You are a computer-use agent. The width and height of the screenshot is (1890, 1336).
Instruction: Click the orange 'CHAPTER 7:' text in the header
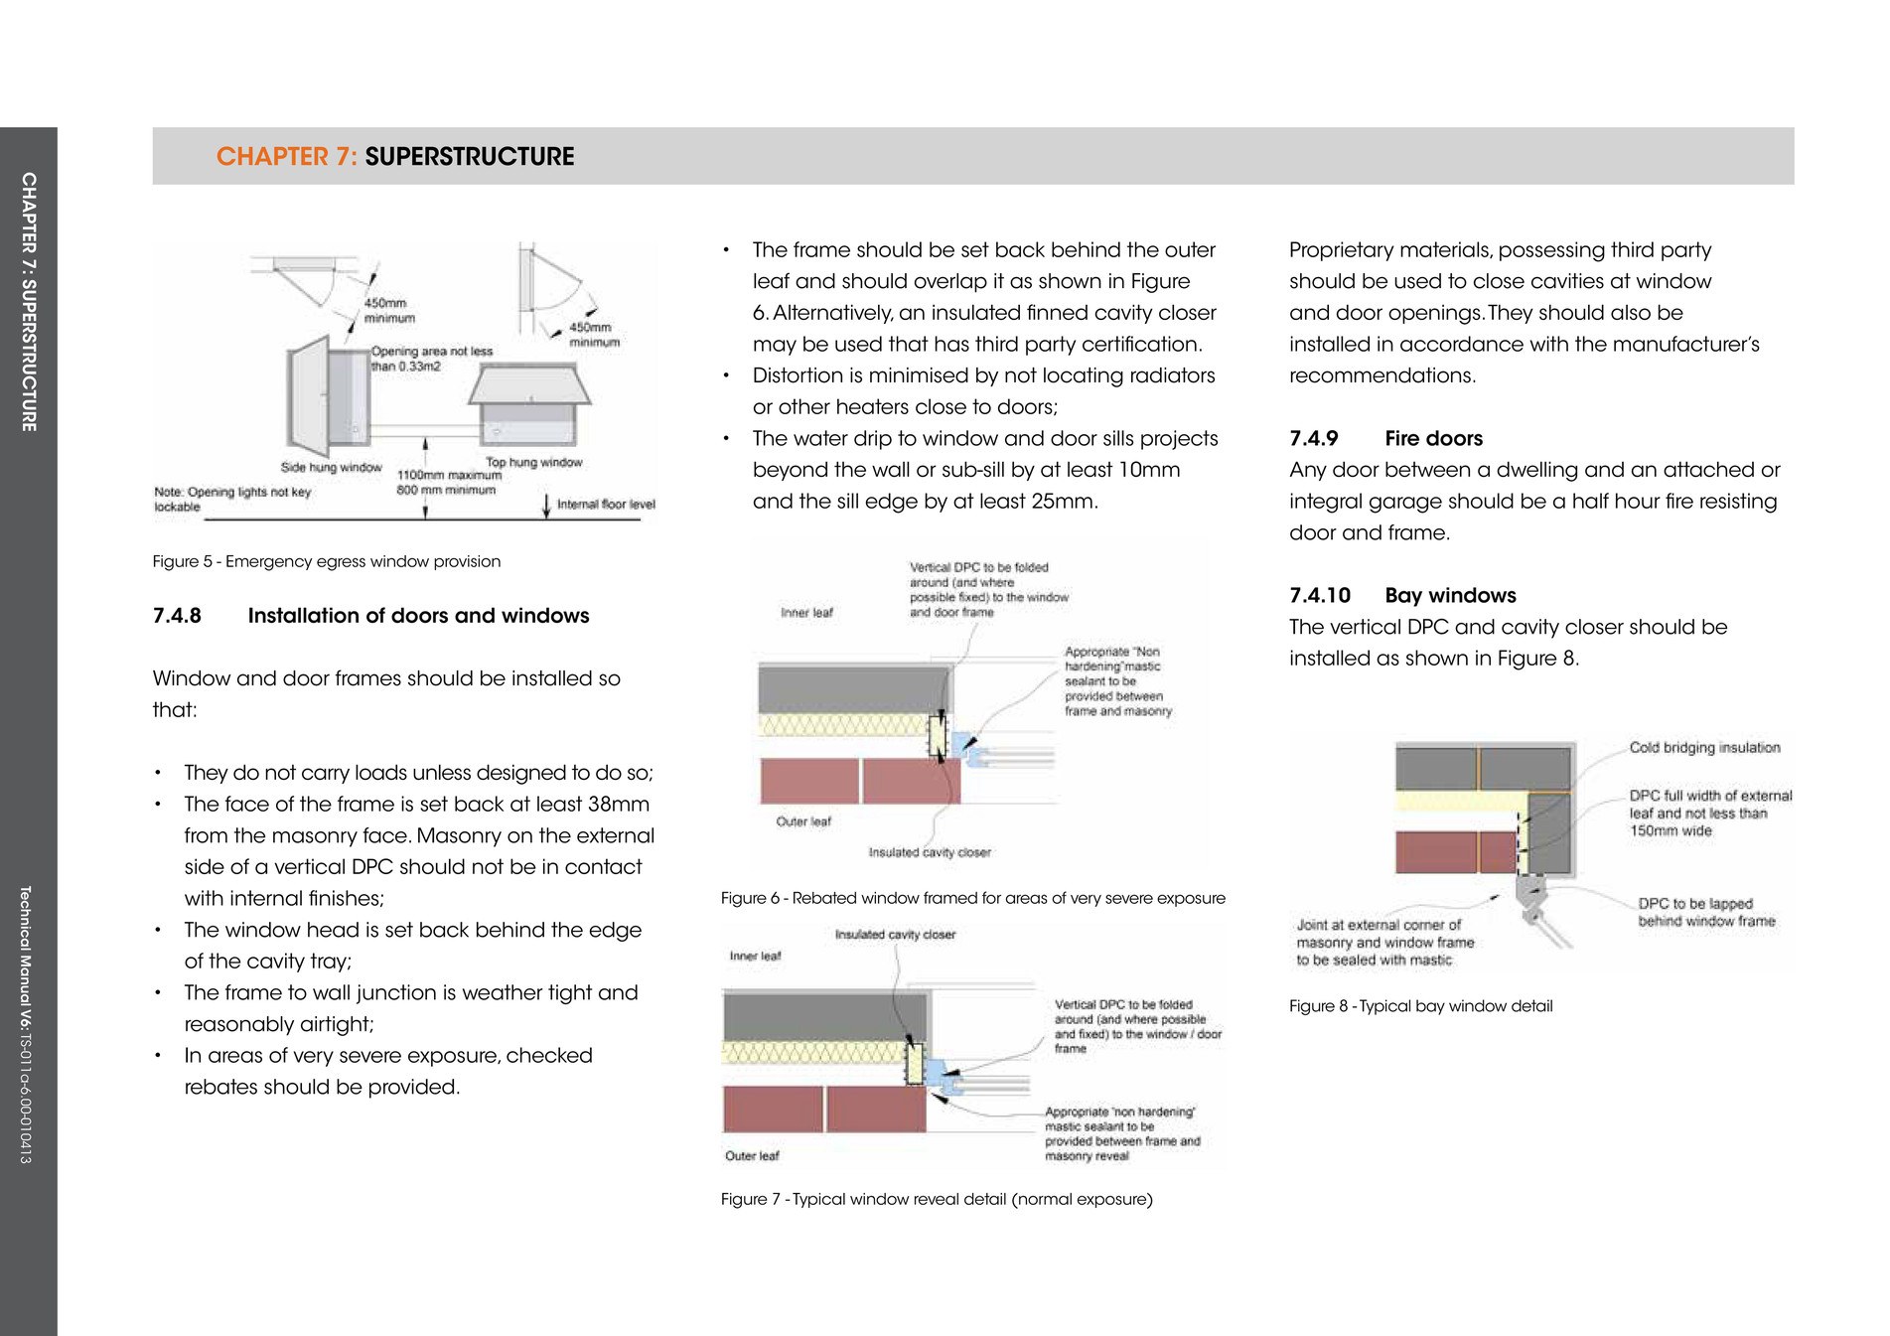[x=286, y=157]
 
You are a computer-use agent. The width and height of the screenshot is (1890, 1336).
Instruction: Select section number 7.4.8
[x=177, y=616]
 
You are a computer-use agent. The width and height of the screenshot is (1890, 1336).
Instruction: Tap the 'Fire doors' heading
[x=1433, y=438]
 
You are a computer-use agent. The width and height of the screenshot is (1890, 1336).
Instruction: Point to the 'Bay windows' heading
[x=1450, y=595]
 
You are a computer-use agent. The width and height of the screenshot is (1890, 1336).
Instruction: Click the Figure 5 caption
[x=326, y=561]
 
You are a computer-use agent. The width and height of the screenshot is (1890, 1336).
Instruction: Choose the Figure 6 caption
[x=972, y=898]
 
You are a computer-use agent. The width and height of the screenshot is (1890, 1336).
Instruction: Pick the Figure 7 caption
[x=936, y=1199]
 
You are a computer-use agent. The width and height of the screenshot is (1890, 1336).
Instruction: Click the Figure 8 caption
[x=1420, y=1005]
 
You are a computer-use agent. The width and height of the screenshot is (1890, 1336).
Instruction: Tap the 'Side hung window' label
[x=331, y=467]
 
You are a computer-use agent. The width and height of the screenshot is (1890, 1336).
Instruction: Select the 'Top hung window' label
[x=533, y=462]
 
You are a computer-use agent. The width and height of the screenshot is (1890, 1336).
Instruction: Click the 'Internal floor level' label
[x=606, y=505]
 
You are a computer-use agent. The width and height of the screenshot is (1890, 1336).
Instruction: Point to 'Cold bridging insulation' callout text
[x=1704, y=747]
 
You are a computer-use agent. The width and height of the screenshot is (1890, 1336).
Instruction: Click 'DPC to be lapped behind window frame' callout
[x=1705, y=912]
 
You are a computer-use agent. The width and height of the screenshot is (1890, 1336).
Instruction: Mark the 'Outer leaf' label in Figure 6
[x=802, y=821]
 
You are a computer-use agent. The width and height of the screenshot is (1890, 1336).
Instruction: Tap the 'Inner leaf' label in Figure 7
[x=755, y=956]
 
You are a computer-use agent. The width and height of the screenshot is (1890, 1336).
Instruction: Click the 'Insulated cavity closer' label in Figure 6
[x=929, y=852]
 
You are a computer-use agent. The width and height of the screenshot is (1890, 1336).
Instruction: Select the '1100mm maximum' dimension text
[x=449, y=475]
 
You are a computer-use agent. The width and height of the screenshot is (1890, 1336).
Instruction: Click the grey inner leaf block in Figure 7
[x=824, y=1016]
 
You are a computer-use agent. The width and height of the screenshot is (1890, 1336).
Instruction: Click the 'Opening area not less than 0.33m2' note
[x=431, y=359]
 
